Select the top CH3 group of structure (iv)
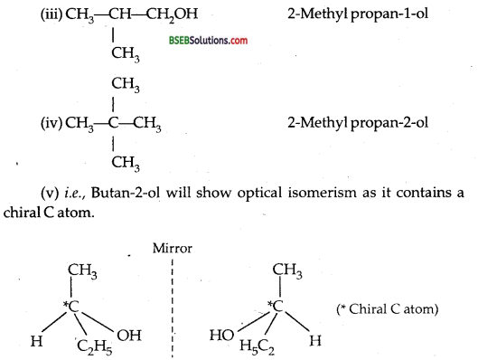tap(113, 85)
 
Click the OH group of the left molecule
tap(129, 336)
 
